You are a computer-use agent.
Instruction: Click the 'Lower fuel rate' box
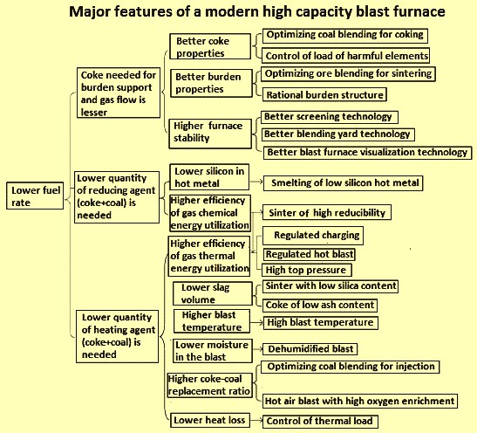(x=35, y=196)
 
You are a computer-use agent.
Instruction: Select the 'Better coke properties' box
(x=210, y=46)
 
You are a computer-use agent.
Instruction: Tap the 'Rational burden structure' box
(x=324, y=94)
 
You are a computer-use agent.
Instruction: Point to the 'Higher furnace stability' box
(x=210, y=134)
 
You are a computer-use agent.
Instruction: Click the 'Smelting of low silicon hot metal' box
(x=344, y=183)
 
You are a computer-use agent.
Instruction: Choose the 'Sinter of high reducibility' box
(x=327, y=212)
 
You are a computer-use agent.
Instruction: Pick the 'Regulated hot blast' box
(x=309, y=254)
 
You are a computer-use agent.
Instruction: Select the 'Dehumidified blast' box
(x=310, y=349)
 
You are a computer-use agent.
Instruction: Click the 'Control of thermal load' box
(x=320, y=422)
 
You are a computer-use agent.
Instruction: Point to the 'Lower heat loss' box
(x=210, y=420)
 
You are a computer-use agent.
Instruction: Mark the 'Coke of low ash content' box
(x=320, y=306)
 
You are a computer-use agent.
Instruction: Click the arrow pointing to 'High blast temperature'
(x=256, y=322)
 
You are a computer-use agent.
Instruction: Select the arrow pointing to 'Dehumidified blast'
(x=257, y=349)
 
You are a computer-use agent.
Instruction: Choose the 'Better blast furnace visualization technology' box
(x=367, y=152)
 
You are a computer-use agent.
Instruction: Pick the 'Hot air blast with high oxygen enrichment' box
(x=360, y=401)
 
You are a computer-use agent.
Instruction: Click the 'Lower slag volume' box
(x=213, y=293)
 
